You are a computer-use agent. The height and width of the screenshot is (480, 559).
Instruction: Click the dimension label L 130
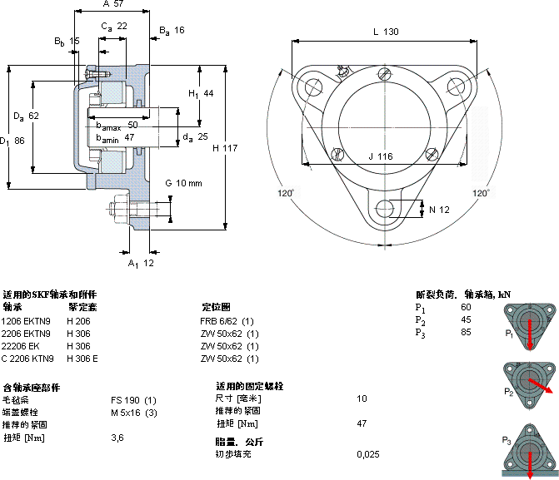coord(385,32)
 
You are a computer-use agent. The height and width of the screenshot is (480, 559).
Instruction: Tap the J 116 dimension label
coord(380,156)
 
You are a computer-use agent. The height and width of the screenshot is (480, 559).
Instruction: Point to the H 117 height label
coord(225,148)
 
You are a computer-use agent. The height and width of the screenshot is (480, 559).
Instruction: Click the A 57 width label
coord(112,4)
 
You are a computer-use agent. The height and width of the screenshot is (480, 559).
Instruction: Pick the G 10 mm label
coord(183,183)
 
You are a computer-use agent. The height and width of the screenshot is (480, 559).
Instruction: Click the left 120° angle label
coord(285,193)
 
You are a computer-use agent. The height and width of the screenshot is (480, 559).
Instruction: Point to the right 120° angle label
coord(482,193)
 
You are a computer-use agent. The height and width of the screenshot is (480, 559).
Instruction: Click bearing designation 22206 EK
coord(22,346)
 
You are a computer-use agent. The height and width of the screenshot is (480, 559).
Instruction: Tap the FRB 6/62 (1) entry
coord(227,321)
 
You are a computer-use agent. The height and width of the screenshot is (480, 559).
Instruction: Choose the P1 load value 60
coord(466,307)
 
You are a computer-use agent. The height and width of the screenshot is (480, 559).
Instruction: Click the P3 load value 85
coord(466,332)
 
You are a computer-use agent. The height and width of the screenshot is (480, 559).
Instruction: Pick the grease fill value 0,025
coord(367,454)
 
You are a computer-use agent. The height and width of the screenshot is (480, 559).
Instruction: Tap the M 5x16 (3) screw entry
coord(134,413)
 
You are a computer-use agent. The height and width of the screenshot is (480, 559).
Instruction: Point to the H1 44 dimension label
coord(201,93)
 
